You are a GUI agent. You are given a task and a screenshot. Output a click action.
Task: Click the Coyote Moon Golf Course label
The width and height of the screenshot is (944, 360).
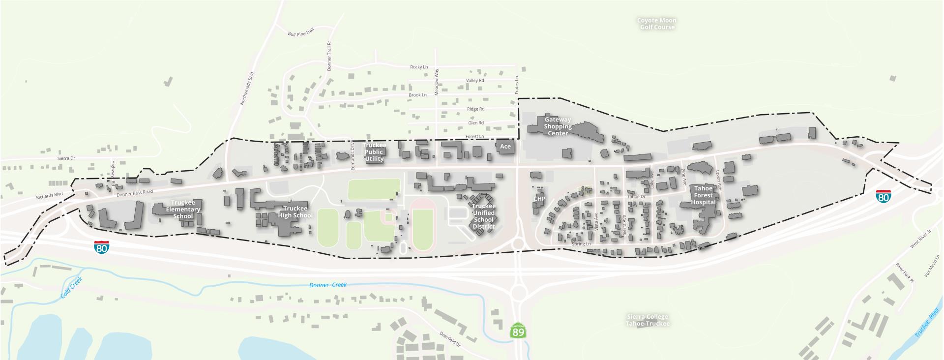pyautogui.click(x=657, y=24)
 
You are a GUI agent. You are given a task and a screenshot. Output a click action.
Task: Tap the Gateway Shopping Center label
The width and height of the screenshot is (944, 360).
pyautogui.click(x=558, y=126)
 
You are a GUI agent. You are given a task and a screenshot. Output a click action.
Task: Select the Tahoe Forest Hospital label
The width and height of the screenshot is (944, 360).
pyautogui.click(x=703, y=195)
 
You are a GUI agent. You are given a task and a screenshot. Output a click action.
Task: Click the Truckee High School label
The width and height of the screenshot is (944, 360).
pyautogui.click(x=295, y=212)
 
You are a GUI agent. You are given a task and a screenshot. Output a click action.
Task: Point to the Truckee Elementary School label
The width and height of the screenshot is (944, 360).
pyautogui.click(x=183, y=210)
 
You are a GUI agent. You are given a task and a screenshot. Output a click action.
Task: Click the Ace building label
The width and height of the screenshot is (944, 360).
pyautogui.click(x=505, y=147)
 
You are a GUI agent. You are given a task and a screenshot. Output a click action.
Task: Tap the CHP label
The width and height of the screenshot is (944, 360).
pyautogui.click(x=539, y=199)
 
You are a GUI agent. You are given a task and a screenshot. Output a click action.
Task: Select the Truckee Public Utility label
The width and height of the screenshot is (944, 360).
pyautogui.click(x=374, y=152)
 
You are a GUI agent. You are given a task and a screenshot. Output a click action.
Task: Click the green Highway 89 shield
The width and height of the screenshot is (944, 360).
pyautogui.click(x=518, y=331)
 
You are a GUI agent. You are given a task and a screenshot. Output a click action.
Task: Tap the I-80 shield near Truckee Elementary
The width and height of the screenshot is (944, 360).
pyautogui.click(x=102, y=247)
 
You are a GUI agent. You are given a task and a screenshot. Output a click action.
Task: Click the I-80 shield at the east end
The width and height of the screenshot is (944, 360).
pyautogui.click(x=883, y=197)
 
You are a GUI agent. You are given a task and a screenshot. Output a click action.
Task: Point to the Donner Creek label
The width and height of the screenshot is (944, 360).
pyautogui.click(x=328, y=285)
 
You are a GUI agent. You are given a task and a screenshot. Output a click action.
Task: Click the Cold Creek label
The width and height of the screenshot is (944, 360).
pyautogui.click(x=72, y=288)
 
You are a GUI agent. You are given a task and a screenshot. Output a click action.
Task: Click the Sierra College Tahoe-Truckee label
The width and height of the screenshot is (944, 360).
pyautogui.click(x=648, y=320)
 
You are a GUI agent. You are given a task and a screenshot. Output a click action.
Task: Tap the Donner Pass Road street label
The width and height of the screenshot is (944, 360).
pyautogui.click(x=135, y=193)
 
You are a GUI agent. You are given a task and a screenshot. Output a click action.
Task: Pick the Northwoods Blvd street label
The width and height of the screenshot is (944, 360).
pyautogui.click(x=247, y=89)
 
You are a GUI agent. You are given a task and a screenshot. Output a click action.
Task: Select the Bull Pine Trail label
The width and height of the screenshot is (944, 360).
pyautogui.click(x=301, y=33)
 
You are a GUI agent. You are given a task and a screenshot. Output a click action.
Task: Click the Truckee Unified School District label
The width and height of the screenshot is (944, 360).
pyautogui.click(x=483, y=216)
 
